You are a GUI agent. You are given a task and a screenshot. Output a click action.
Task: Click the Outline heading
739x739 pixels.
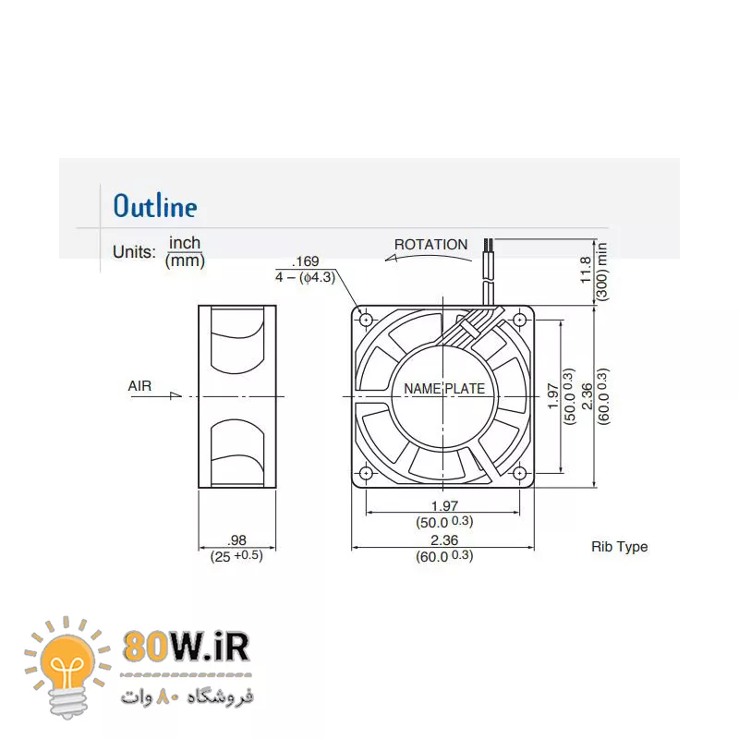[x=155, y=206]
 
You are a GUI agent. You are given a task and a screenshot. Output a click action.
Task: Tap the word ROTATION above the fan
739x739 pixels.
[x=430, y=245]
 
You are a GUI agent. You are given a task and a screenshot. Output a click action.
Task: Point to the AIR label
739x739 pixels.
[x=139, y=386]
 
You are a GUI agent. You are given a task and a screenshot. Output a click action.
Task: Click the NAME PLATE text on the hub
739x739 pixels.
[x=444, y=389]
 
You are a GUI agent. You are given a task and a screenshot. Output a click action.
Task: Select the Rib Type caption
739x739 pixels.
[x=619, y=547]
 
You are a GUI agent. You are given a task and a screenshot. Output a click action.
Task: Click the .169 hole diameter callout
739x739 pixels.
[x=306, y=261]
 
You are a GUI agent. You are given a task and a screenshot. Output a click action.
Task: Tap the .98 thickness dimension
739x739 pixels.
[x=236, y=540]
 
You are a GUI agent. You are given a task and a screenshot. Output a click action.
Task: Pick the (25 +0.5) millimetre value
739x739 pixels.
[x=236, y=556]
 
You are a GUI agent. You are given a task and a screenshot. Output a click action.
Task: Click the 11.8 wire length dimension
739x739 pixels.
[x=585, y=270]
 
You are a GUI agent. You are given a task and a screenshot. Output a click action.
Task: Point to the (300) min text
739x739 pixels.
[x=602, y=271]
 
